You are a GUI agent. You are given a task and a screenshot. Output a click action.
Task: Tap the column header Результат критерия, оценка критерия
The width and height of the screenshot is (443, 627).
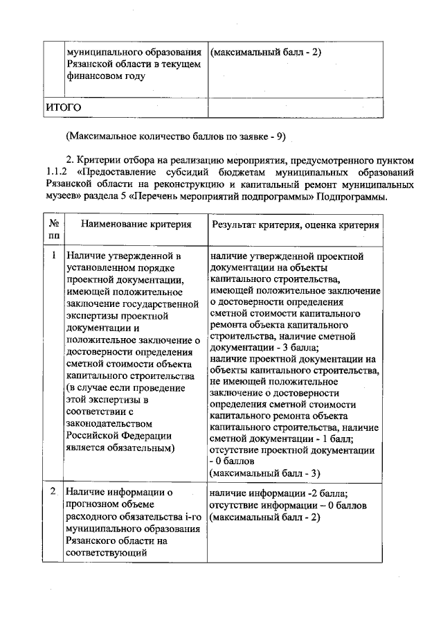296,225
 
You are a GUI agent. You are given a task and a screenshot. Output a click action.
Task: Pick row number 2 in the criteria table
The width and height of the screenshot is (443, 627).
53,493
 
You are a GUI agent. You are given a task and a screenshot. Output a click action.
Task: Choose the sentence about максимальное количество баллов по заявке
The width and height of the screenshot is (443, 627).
176,136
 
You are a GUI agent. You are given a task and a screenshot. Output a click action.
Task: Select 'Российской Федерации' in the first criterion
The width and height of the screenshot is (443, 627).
118,436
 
